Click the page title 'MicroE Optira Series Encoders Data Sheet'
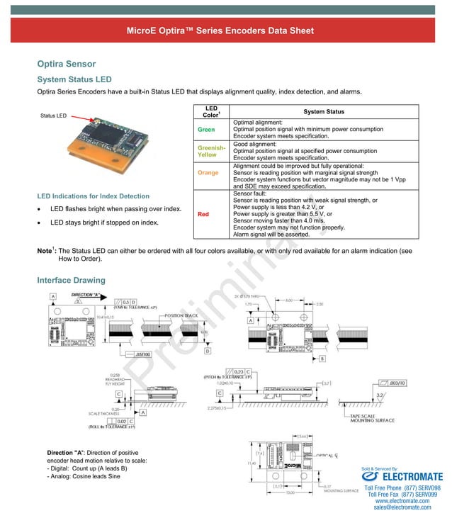220,31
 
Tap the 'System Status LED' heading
74,79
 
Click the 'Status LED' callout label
53,116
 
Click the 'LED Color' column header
212,111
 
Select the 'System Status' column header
324,111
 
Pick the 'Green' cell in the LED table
205,130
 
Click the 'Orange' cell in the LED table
208,172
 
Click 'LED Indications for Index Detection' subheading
93,196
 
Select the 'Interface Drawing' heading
71,281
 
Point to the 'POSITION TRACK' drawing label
183,315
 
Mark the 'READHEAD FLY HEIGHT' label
115,381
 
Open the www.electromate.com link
402,500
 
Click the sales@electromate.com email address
402,507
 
